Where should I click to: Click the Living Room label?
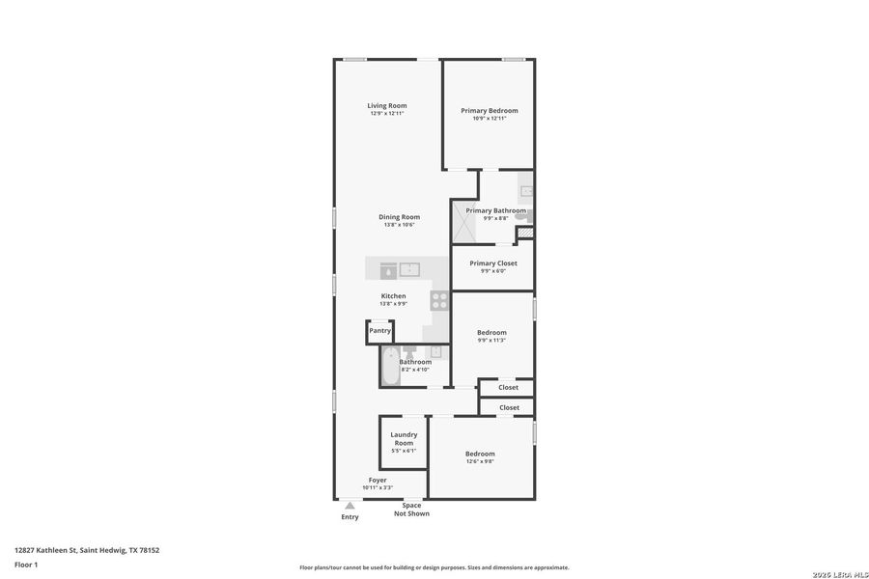pos(386,105)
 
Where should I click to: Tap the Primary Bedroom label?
pos(489,110)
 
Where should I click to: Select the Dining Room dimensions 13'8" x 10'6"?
pos(398,225)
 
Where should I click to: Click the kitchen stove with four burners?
pos(440,300)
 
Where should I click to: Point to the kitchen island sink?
pos(410,269)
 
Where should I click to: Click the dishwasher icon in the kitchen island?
pos(387,270)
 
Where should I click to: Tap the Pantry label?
pos(379,331)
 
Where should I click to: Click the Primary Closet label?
pos(492,262)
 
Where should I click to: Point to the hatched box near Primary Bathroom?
pos(524,233)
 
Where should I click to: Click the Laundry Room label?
pos(404,438)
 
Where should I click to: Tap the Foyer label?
pos(378,480)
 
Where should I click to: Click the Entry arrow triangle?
pos(350,505)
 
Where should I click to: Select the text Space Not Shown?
pos(411,510)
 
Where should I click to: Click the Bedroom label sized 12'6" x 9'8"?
pos(480,454)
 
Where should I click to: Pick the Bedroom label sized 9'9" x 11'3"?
pos(491,332)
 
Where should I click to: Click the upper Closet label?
pos(509,387)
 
